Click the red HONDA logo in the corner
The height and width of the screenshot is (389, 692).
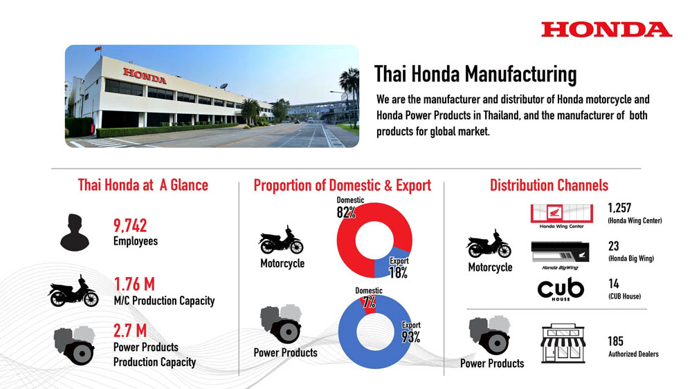[x=607, y=30]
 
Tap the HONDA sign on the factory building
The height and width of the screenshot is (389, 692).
[x=145, y=76]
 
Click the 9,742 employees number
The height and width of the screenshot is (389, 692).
[x=130, y=225]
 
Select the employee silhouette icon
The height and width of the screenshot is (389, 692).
[x=75, y=232]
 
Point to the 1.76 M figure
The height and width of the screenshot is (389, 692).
[x=135, y=284]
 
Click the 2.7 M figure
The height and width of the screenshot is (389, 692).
[x=130, y=330]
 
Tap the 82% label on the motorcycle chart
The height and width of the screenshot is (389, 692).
[x=346, y=212]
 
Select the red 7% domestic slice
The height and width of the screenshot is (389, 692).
[x=370, y=304]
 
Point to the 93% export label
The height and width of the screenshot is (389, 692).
[x=411, y=337]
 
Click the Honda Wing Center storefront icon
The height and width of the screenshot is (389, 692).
[x=561, y=214]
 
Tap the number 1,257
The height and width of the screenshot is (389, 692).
[x=619, y=207]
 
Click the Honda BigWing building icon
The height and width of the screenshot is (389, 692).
[x=560, y=252]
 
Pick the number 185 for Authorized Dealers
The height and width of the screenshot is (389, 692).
[x=616, y=341]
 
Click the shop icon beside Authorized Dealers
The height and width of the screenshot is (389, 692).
[x=563, y=343]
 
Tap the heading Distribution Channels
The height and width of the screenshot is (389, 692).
[x=549, y=185]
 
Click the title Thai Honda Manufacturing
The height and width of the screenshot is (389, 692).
[x=475, y=73]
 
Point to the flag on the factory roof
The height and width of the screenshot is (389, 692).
[x=98, y=48]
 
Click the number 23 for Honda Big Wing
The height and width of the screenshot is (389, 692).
[x=613, y=246]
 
